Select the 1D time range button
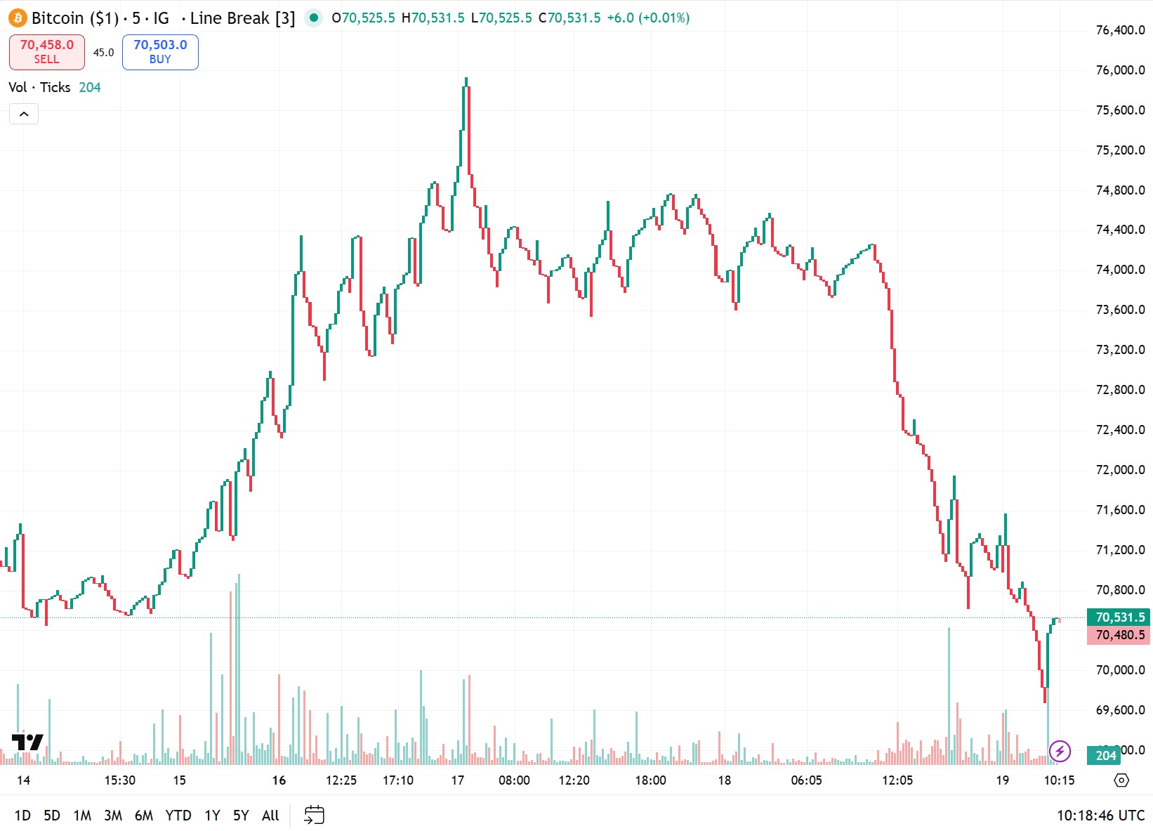pos(22,816)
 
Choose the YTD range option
pos(178,816)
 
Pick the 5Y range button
pos(241,816)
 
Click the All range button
pos(270,816)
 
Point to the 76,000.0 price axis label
pos(1120,70)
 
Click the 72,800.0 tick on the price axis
pos(1120,390)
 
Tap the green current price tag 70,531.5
pos(1119,617)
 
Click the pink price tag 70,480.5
pos(1119,635)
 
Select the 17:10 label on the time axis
pos(398,780)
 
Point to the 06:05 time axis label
pos(806,780)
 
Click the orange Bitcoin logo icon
pos(18,18)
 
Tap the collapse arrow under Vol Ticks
pos(24,114)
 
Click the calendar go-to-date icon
pos(314,815)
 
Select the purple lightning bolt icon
pos(1060,752)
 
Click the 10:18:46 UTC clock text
pos(1100,816)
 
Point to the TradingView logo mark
pos(27,742)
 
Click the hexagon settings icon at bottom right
pos(1121,780)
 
